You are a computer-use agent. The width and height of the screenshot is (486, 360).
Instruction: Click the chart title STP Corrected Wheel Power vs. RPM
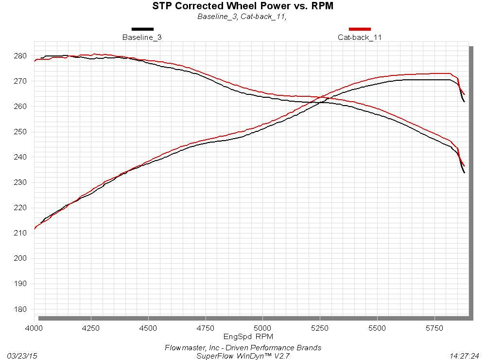coord(243,6)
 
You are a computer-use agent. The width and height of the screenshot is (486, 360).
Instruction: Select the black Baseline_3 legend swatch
coord(142,29)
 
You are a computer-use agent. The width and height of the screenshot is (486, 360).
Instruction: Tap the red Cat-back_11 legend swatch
coord(360,29)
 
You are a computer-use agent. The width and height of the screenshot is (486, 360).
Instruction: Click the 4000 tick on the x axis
coord(34,328)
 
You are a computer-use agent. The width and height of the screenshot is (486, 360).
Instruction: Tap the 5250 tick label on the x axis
coord(319,328)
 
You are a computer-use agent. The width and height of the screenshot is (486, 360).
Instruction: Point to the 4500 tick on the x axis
coord(148,328)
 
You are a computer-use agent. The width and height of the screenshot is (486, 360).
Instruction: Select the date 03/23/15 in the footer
coord(21,356)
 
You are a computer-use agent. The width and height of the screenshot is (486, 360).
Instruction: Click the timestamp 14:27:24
coord(465,356)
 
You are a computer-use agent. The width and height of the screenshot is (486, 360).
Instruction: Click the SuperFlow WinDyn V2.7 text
coord(243,356)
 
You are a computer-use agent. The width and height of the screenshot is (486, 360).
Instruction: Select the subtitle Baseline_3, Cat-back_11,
coord(242,17)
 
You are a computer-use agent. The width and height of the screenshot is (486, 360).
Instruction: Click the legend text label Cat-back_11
coord(360,37)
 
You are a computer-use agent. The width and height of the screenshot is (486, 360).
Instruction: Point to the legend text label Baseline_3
coord(142,37)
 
